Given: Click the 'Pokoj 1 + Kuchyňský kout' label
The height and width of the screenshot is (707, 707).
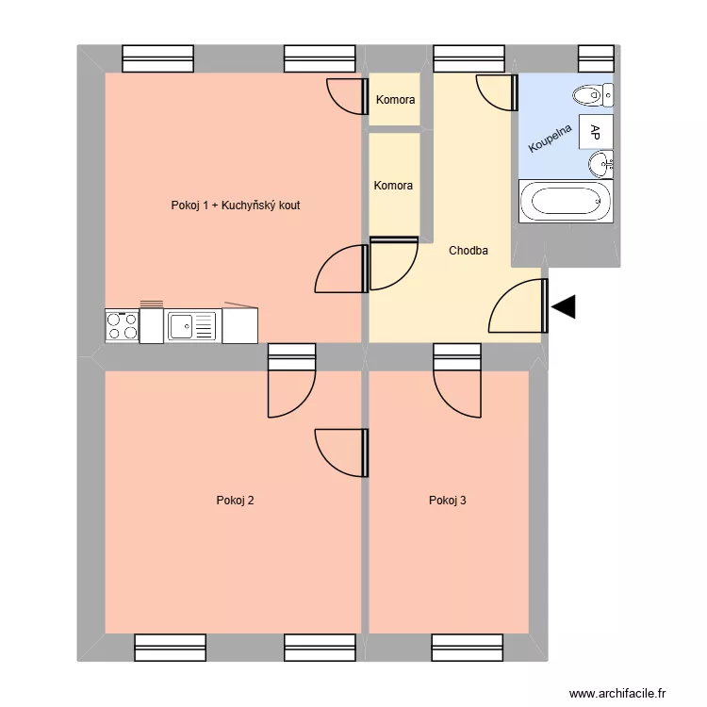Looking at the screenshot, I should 236,205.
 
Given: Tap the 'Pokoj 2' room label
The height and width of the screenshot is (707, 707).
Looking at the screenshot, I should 235,501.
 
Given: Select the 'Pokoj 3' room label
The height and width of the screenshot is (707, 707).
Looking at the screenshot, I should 447,501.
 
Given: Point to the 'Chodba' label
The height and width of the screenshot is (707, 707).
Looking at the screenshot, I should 468,251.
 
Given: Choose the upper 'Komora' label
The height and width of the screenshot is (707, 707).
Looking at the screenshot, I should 395,99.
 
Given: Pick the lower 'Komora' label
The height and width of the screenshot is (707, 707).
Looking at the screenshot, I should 393,186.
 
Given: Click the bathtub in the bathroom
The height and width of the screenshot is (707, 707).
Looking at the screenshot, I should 565,202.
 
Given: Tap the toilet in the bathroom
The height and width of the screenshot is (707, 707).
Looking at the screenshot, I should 594,94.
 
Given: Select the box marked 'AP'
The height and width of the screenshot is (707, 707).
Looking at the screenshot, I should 596,131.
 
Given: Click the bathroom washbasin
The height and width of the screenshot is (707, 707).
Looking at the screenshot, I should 600,165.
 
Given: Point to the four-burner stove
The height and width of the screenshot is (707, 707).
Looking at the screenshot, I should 122,326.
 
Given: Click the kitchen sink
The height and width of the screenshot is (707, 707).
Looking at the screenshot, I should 191,326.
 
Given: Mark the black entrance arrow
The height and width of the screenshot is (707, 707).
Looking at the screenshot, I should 564,306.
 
